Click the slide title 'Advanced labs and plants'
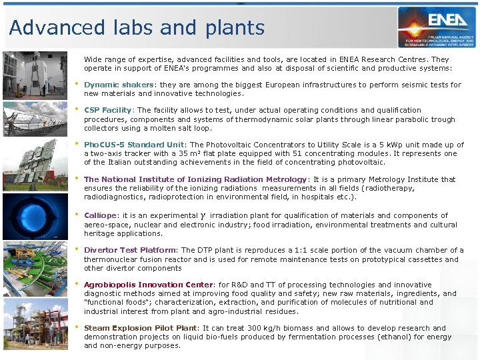[x=137, y=28]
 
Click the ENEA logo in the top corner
[x=437, y=27]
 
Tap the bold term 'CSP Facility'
[x=108, y=110]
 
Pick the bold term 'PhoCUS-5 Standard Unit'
[x=135, y=145]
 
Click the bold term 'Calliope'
[x=100, y=215]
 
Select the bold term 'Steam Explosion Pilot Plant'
[x=141, y=328]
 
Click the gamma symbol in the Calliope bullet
[x=203, y=216]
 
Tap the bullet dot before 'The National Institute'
[x=77, y=178]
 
